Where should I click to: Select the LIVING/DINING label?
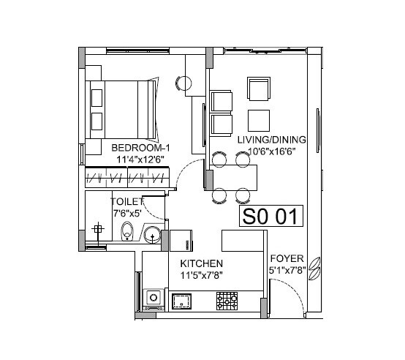point(271,139)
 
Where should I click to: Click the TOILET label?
point(126,200)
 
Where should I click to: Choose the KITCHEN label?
point(201,263)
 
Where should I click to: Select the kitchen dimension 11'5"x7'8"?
point(202,276)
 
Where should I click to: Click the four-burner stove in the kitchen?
point(227,299)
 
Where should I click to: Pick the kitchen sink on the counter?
point(181,299)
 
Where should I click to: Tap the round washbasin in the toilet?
point(153,234)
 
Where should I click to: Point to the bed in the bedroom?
point(121,109)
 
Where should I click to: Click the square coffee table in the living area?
point(258,119)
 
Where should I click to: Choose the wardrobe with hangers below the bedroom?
point(127,177)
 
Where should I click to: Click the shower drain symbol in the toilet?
point(96,229)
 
